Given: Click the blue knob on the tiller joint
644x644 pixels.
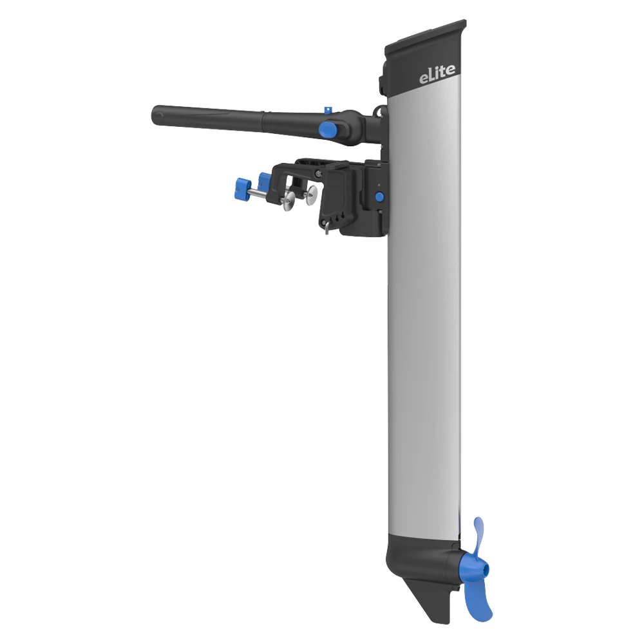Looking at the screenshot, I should click(329, 129).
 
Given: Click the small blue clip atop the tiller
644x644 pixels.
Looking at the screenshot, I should click(327, 109).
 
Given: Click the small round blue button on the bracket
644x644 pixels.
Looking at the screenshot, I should click(379, 196).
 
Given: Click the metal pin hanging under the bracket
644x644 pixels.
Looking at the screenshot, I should click(327, 226).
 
